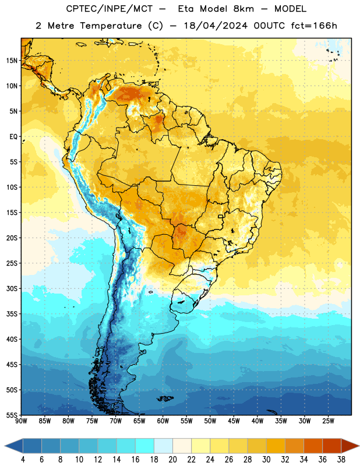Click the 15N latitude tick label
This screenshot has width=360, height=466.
click(x=12, y=61)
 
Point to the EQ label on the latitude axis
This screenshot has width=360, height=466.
click(x=13, y=137)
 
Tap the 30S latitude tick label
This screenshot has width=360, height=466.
click(x=12, y=288)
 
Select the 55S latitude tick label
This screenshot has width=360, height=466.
click(x=12, y=415)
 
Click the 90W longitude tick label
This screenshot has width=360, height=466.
click(x=21, y=421)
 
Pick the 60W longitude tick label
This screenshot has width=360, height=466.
click(x=163, y=421)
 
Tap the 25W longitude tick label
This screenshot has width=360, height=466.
click(x=328, y=421)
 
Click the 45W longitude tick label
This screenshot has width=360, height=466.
click(x=234, y=421)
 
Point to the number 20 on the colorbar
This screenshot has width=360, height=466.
click(x=172, y=460)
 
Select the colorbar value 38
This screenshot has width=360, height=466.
click(x=341, y=460)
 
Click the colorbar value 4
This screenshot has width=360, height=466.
click(x=23, y=460)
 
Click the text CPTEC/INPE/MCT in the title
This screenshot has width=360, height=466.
click(x=110, y=9)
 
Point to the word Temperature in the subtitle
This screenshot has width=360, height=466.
click(x=111, y=26)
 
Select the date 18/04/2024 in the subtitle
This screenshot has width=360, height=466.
click(x=216, y=26)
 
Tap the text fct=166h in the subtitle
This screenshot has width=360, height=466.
click(x=314, y=26)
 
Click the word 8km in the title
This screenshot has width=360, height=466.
click(x=243, y=9)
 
